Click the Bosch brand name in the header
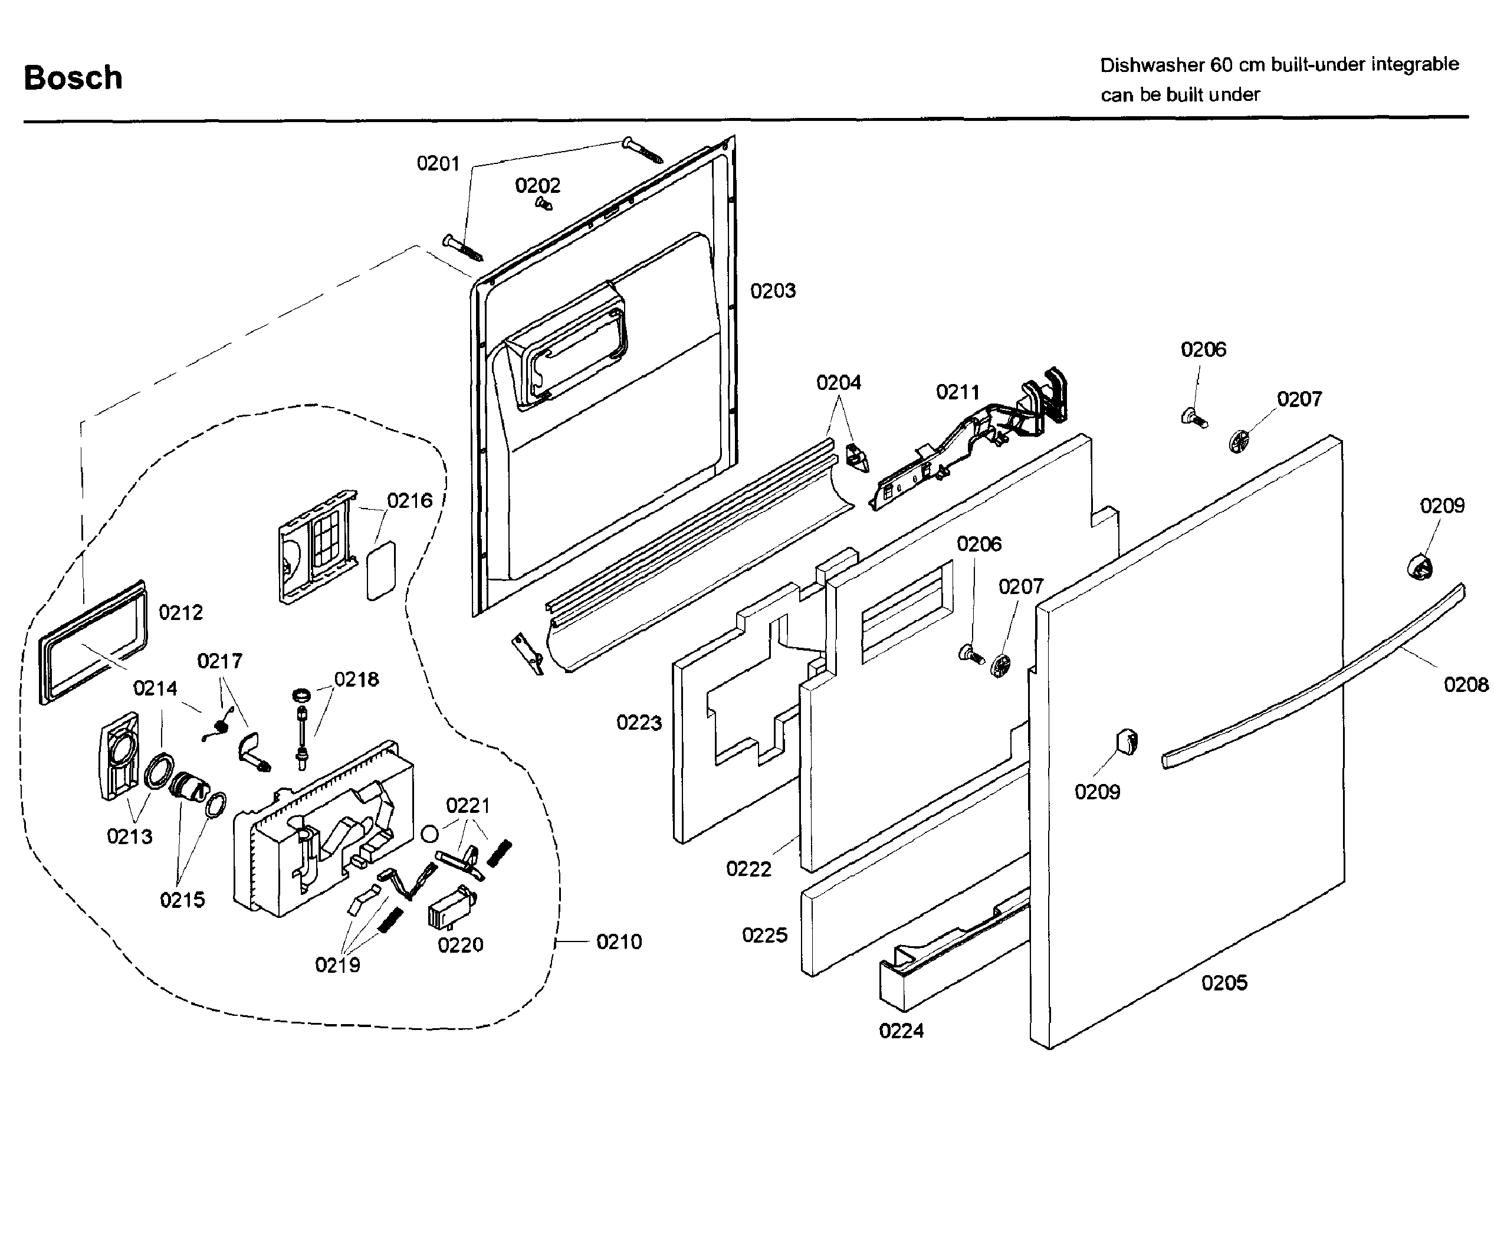(73, 77)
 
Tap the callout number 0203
(773, 291)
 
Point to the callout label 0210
(619, 942)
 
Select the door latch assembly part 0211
(974, 441)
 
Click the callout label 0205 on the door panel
(1224, 983)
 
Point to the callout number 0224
(901, 1031)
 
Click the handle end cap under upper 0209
(1420, 567)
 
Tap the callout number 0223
(639, 723)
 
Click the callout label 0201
(438, 163)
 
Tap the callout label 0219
(337, 965)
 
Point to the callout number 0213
(130, 836)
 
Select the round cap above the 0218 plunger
(301, 694)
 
